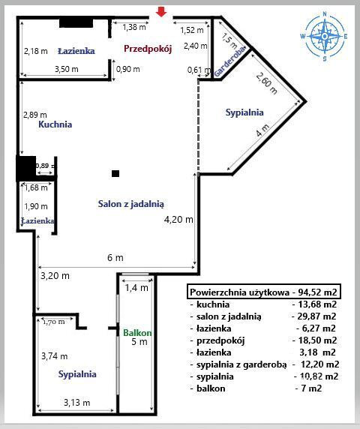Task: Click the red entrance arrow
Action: tap(161, 12)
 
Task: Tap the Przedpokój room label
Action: tap(148, 49)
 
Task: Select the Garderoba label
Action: tap(229, 61)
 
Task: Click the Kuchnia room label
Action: tap(55, 124)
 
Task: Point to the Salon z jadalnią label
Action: tap(131, 204)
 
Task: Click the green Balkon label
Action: tap(137, 333)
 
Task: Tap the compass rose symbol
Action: tap(325, 36)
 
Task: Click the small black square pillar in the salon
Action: tap(115, 173)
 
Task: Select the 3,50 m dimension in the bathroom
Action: tap(67, 69)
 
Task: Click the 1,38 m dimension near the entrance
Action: tap(134, 27)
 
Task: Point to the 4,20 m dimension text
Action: tap(178, 220)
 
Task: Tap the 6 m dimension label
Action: tap(115, 257)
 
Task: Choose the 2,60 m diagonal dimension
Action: tap(267, 83)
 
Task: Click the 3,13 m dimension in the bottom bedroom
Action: tap(76, 403)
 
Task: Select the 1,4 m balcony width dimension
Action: tap(136, 287)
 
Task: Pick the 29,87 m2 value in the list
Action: tap(316, 316)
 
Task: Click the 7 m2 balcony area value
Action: tap(311, 388)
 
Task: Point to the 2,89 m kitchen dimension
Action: tap(35, 115)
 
